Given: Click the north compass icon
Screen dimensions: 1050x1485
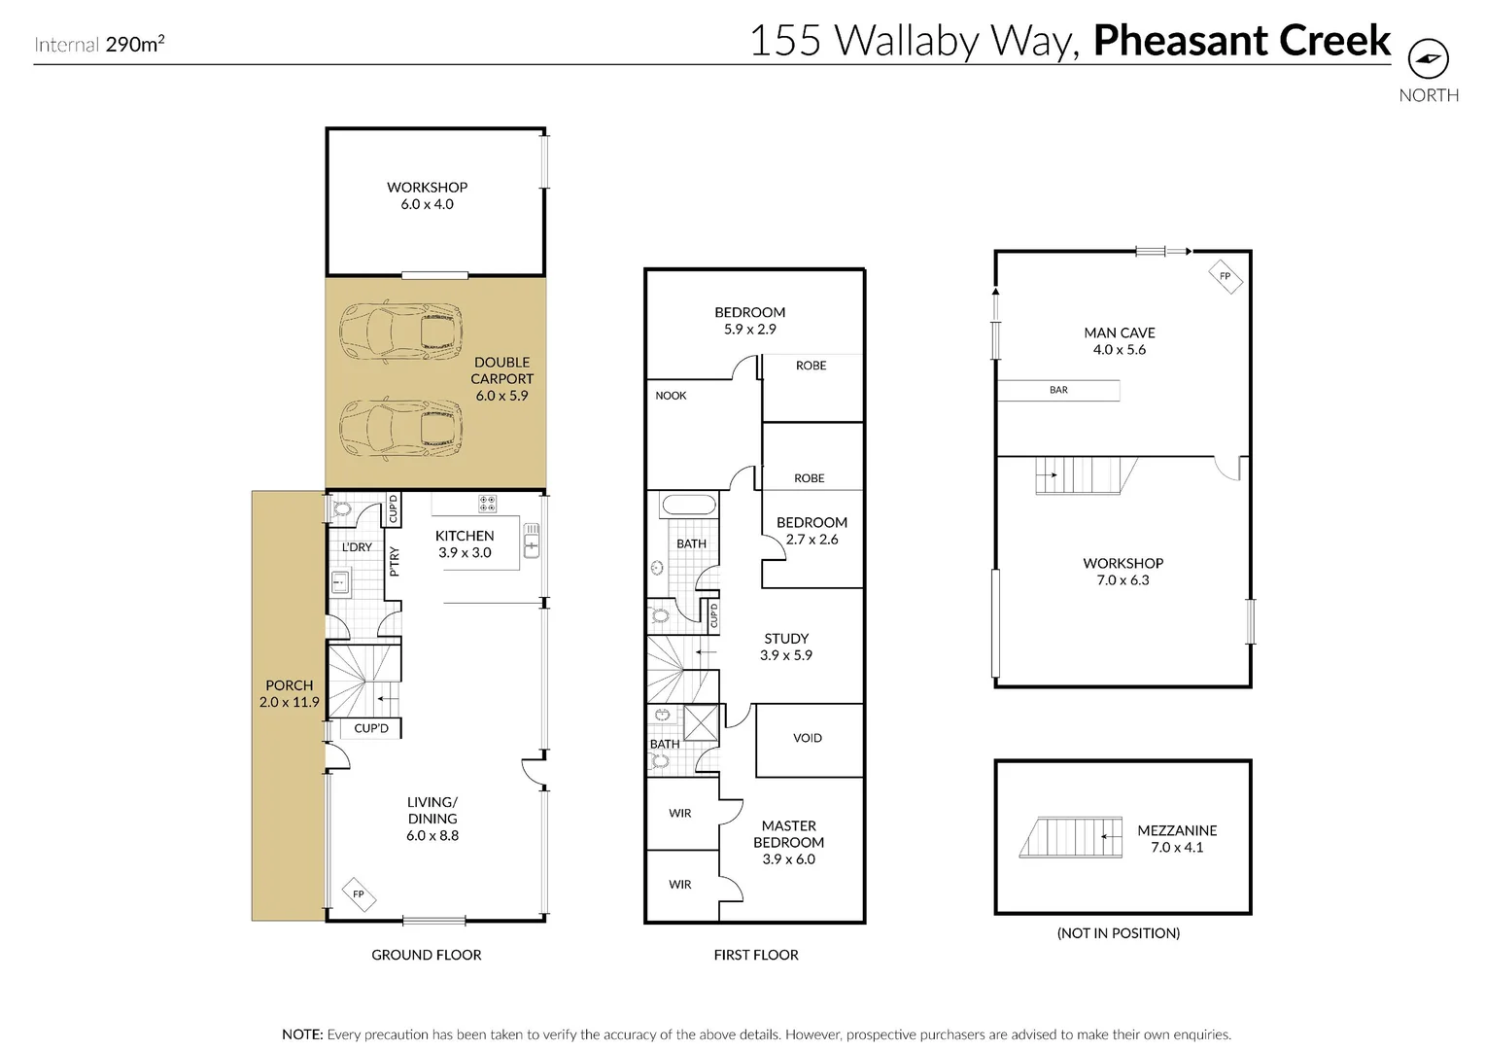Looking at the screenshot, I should pyautogui.click(x=1428, y=59).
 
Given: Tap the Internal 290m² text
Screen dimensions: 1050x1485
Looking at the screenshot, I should pyautogui.click(x=99, y=44).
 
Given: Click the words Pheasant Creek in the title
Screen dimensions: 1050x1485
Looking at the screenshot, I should pyautogui.click(x=1241, y=41).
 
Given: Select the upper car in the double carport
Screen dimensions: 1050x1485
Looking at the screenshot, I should pyautogui.click(x=399, y=329).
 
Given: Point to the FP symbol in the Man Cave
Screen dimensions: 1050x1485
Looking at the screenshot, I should pyautogui.click(x=1225, y=276).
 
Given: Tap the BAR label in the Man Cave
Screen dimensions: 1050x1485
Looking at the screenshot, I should pyautogui.click(x=1058, y=390).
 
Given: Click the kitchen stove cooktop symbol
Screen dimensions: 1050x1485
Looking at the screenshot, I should pyautogui.click(x=487, y=504).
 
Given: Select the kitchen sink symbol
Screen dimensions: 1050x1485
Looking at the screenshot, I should pyautogui.click(x=531, y=541).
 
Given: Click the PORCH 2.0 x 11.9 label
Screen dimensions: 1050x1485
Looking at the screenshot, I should pyautogui.click(x=289, y=693).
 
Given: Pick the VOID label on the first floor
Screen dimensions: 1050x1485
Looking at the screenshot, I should pyautogui.click(x=808, y=738).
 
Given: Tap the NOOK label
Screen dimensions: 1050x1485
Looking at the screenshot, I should pyautogui.click(x=671, y=396).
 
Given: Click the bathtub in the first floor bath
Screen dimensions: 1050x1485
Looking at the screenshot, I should pyautogui.click(x=688, y=506).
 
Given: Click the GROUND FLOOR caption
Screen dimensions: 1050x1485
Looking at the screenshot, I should pyautogui.click(x=426, y=955).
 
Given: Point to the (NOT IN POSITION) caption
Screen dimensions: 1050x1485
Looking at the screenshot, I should pyautogui.click(x=1118, y=933).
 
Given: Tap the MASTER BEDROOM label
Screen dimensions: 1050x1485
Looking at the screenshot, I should pyautogui.click(x=788, y=842).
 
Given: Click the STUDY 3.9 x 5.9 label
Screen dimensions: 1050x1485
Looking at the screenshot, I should pyautogui.click(x=786, y=647).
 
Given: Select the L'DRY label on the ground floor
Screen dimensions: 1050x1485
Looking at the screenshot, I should pyautogui.click(x=357, y=547).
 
